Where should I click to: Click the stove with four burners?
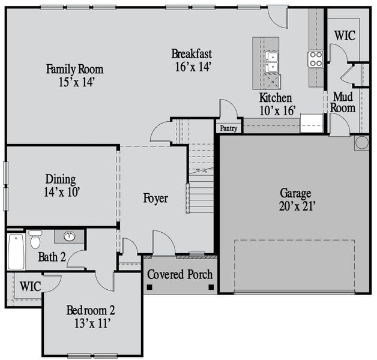pyautogui.click(x=316, y=58)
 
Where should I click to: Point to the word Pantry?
pyautogui.click(x=229, y=128)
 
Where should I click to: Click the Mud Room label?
pyautogui.click(x=344, y=102)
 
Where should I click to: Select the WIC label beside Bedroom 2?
pyautogui.click(x=30, y=286)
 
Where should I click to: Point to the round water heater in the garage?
pyautogui.click(x=361, y=142)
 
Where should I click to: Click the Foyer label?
pyautogui.click(x=155, y=198)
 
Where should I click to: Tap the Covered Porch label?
pyautogui.click(x=180, y=275)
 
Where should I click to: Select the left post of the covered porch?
pyautogui.click(x=149, y=287)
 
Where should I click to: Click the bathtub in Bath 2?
pyautogui.click(x=16, y=251)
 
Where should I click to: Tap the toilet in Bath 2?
pyautogui.click(x=35, y=239)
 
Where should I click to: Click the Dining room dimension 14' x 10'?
pyautogui.click(x=61, y=192)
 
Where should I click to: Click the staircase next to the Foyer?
pyautogui.click(x=201, y=180)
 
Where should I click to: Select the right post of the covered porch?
pyautogui.click(x=211, y=287)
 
